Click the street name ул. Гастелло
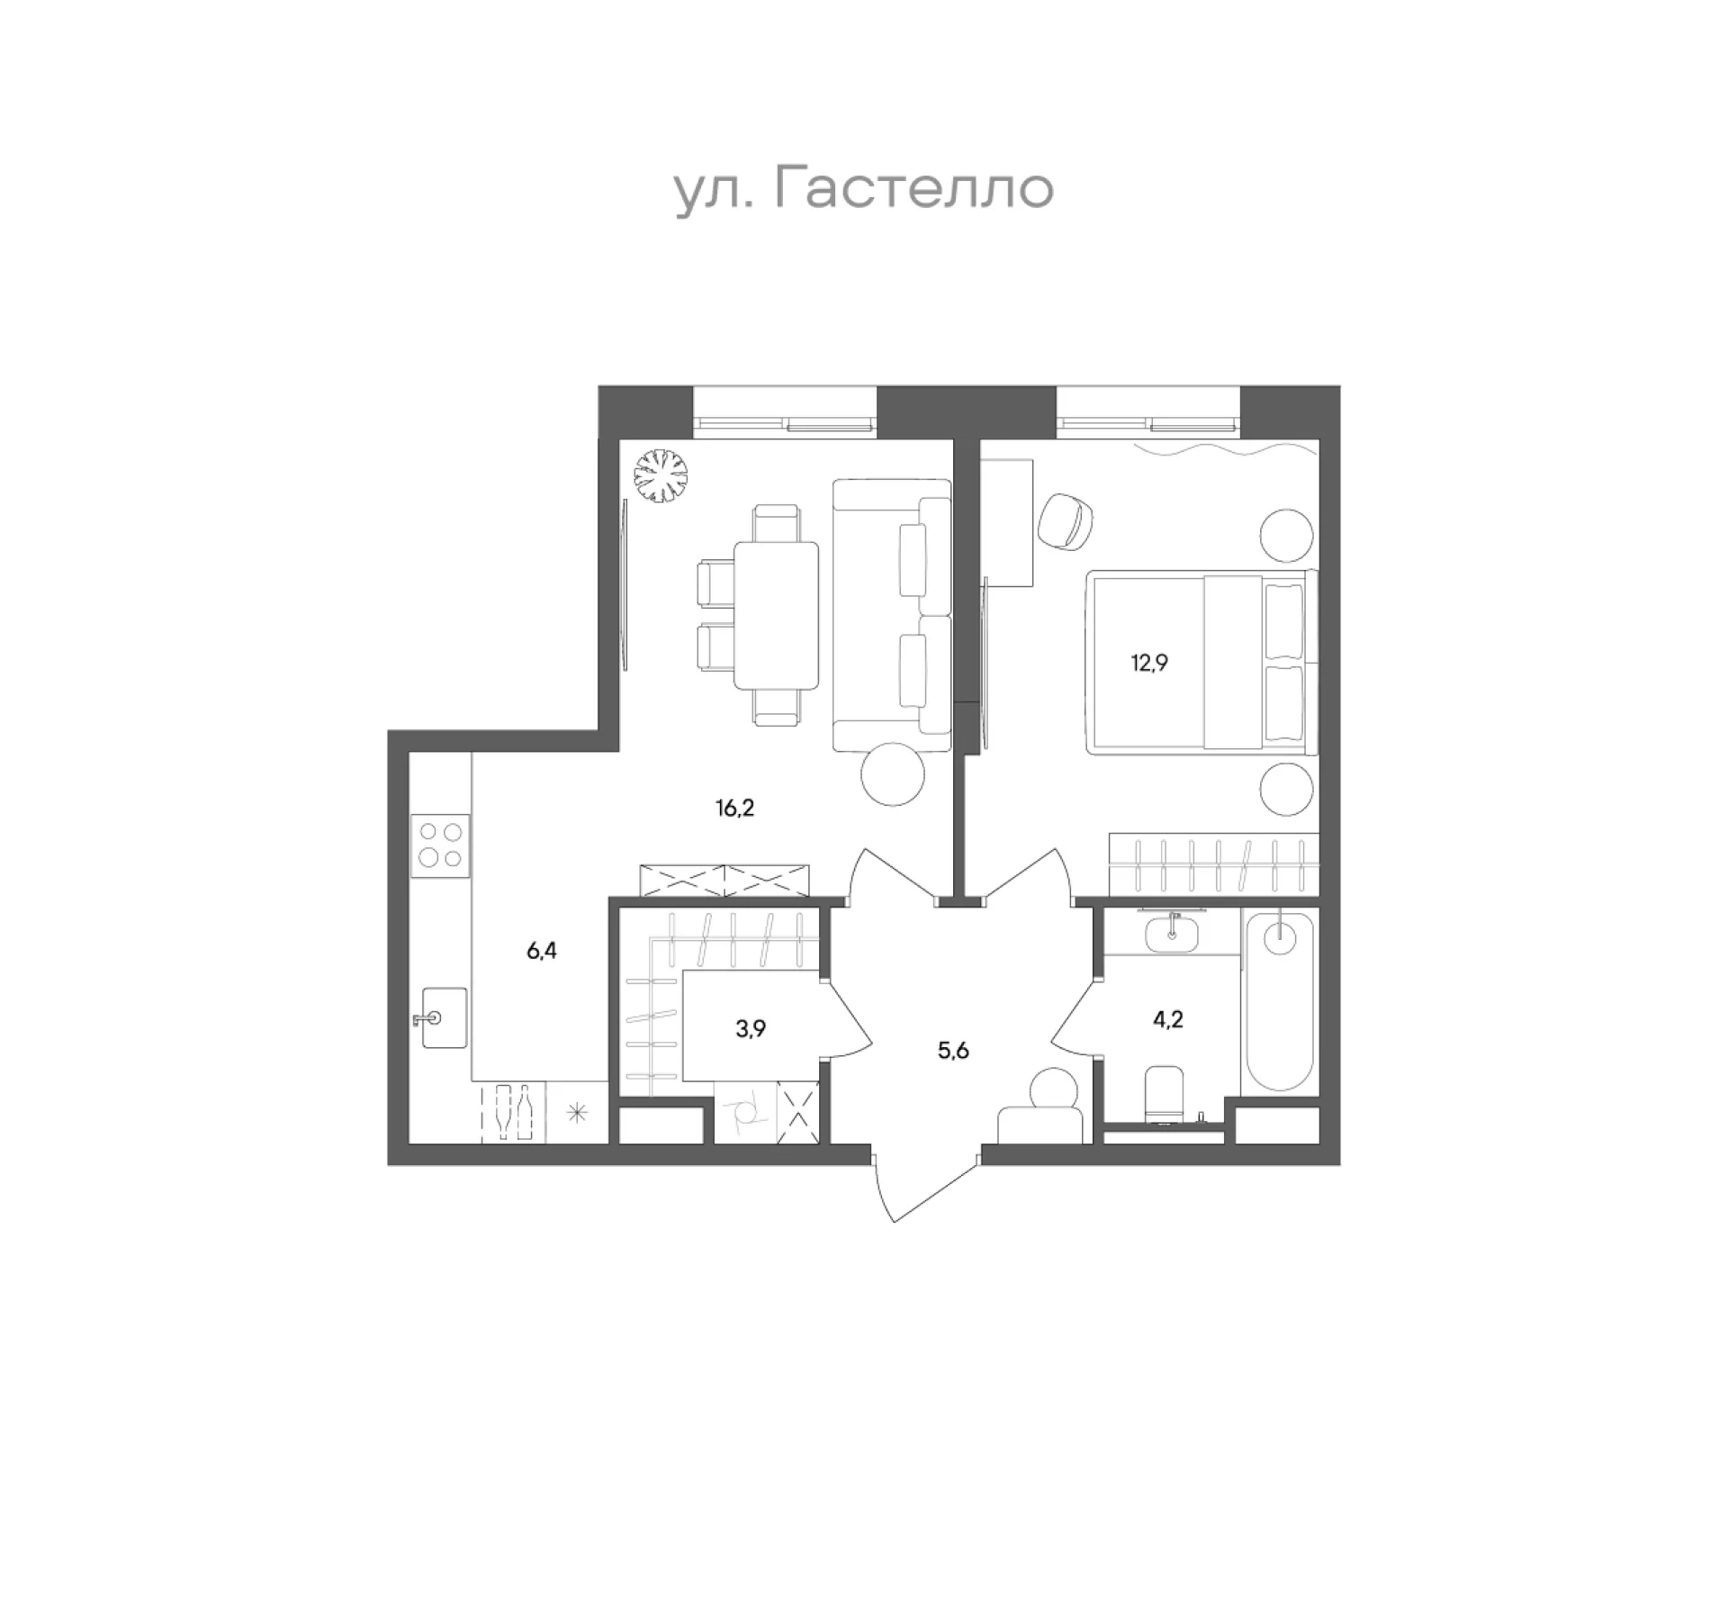click(x=864, y=189)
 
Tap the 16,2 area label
click(x=734, y=808)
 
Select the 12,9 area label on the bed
click(x=1149, y=664)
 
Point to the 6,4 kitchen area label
click(x=542, y=951)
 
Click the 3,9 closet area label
click(x=751, y=1029)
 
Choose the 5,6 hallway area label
click(x=953, y=1050)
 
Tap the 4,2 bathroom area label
click(x=1167, y=1019)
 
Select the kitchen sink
click(x=444, y=1017)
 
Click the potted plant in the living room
click(x=660, y=475)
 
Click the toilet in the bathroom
click(x=1167, y=1094)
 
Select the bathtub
click(x=1278, y=999)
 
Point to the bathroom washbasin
click(x=1172, y=933)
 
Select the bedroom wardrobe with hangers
click(x=1213, y=864)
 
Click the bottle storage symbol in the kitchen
click(x=512, y=1113)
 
